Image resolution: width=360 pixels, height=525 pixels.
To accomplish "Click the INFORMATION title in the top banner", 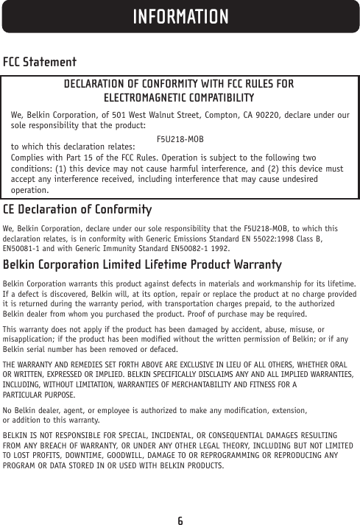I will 180,15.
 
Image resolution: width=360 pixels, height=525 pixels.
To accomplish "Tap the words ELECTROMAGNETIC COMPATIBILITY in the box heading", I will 179,98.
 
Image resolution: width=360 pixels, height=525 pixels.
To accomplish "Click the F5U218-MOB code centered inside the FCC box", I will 180,139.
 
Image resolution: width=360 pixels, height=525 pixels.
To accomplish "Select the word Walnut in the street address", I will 154,115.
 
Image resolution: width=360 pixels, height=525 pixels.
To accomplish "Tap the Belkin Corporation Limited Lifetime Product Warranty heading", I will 143,264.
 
